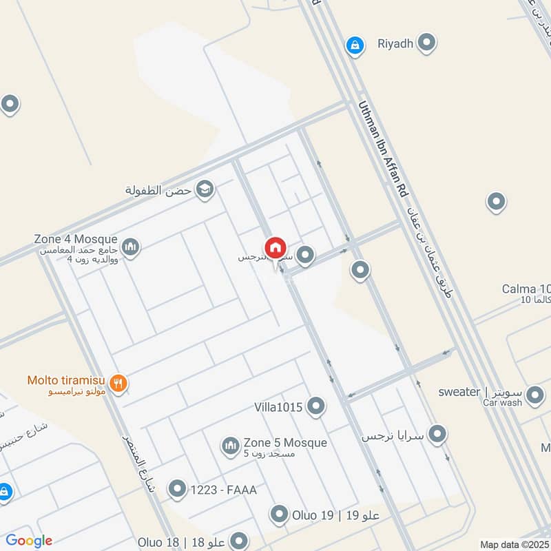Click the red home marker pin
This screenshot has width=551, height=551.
pos(275,247)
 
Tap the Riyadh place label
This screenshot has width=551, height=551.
pos(395,44)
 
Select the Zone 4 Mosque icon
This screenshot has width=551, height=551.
pos(130,246)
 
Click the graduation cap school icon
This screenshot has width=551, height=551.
pos(205,189)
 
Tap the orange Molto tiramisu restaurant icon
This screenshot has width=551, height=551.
pos(118,384)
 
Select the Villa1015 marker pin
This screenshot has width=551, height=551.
pos(316,406)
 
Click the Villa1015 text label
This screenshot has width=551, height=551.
pos(278,407)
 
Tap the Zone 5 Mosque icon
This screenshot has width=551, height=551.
pos(230,446)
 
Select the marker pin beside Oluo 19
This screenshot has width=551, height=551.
pos(279,514)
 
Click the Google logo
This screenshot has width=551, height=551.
pos(29,541)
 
